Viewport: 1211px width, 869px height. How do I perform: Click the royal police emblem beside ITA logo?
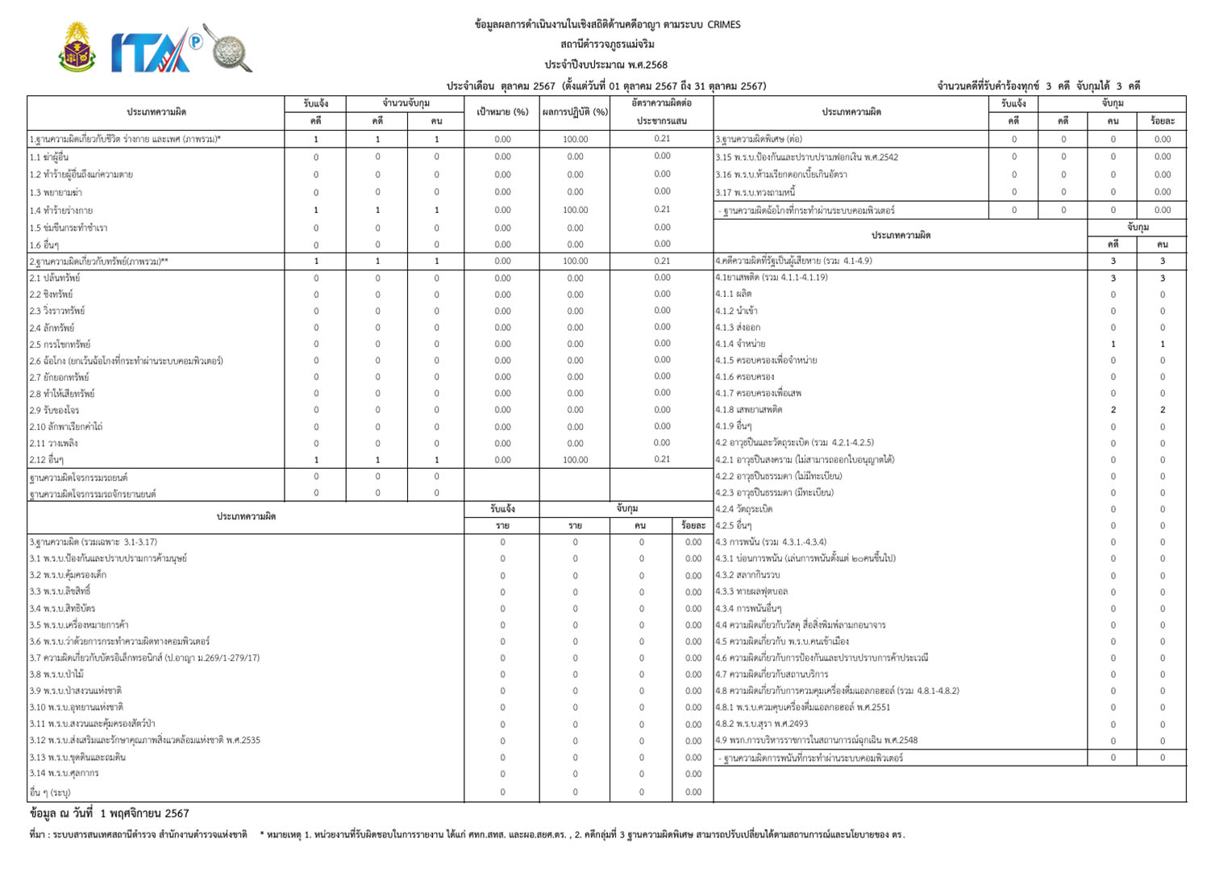pos(77,48)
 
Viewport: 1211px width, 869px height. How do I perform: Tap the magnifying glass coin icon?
pos(228,48)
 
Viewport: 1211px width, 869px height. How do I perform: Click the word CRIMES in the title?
pos(723,24)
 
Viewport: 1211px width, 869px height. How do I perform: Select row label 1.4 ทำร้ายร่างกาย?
pos(61,211)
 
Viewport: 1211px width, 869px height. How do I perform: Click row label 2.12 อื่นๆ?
pos(47,460)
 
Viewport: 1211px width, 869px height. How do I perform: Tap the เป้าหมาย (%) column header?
pos(502,112)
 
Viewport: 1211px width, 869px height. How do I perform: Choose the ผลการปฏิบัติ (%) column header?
pos(575,112)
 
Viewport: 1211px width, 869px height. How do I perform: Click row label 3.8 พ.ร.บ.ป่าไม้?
pos(56,675)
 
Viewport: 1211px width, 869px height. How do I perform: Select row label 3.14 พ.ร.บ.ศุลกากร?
pos(64,773)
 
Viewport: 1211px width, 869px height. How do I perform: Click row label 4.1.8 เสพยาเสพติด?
pos(748,410)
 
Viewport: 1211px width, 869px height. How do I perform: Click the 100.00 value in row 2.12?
pos(575,460)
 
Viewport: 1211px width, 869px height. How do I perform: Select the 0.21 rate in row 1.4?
pos(662,210)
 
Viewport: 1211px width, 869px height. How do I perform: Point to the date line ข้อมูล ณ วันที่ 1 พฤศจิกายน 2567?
pos(110,813)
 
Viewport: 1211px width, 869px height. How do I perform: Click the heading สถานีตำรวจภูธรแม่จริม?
pos(607,44)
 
